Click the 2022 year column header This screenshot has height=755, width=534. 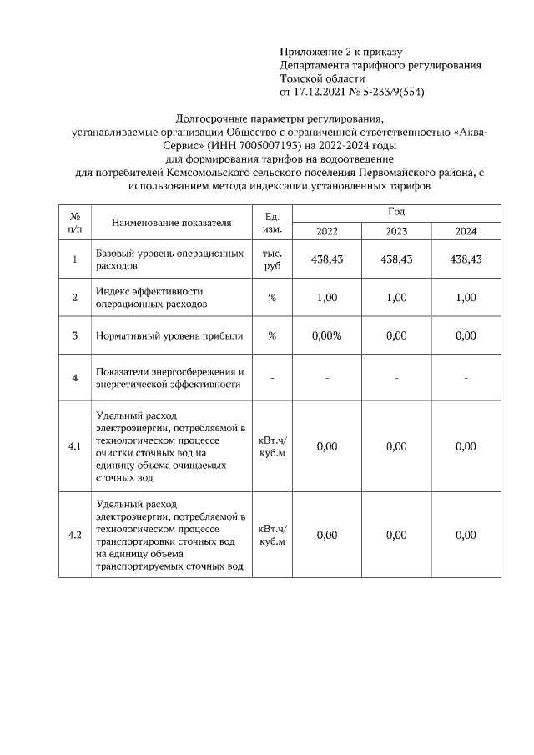coord(327,231)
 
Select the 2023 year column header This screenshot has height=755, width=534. coord(396,231)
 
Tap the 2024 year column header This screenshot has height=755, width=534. coord(466,231)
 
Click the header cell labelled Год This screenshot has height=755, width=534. coord(396,213)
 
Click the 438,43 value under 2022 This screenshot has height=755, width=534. coord(327,259)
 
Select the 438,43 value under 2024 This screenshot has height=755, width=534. coord(466,259)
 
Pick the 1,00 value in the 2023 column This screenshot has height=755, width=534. coord(396,298)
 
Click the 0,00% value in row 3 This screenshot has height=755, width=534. coord(327,335)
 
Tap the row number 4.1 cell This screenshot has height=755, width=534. coord(74,446)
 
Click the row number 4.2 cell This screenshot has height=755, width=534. coord(74,535)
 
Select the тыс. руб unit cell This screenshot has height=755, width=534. coord(272,259)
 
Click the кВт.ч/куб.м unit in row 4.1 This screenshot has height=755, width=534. coord(272,446)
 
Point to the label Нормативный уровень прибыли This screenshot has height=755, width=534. coord(169,335)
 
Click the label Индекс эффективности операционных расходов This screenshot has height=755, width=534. coord(150,298)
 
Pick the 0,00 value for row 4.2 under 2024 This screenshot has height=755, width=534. coord(466,535)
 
